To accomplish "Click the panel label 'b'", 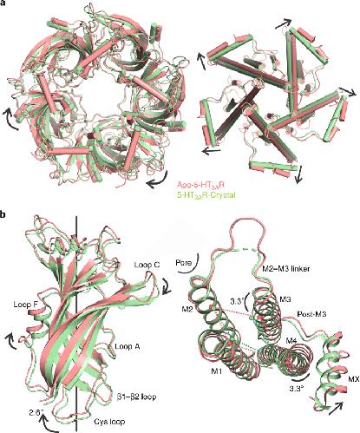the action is click(3, 215).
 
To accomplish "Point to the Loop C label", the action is click(147, 265).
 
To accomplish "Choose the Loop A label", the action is click(128, 346).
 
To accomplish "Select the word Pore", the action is click(184, 263).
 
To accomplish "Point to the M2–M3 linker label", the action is click(285, 269).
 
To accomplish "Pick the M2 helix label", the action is click(188, 310).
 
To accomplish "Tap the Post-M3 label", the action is click(312, 314).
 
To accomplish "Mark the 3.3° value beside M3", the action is click(238, 301).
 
